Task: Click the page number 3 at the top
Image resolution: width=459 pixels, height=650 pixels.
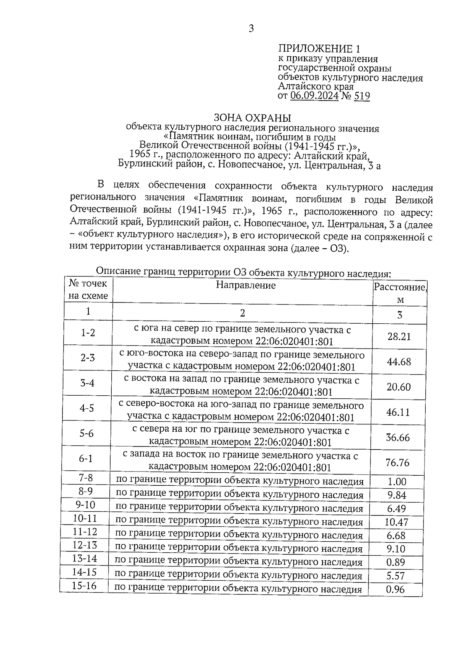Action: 251,29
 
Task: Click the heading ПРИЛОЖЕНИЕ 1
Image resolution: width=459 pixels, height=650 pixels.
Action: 319,49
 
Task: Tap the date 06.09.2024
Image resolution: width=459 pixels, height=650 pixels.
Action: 314,95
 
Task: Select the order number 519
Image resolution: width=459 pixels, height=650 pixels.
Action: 362,95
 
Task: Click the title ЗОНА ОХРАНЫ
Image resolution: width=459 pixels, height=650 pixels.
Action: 252,118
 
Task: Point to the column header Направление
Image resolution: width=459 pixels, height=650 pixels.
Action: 246,285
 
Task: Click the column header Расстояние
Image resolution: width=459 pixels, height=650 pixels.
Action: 400,287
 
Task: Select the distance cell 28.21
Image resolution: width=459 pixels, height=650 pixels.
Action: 399,336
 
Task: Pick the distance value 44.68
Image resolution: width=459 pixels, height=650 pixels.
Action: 399,362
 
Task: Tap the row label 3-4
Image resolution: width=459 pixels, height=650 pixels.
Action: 87,383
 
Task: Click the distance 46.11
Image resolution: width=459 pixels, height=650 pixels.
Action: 398,412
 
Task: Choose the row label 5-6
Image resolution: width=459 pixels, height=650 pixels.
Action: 86,433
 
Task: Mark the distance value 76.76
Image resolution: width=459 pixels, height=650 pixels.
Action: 397,463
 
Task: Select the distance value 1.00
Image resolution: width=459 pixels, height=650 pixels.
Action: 397,482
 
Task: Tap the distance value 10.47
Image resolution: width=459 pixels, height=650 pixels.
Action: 396,522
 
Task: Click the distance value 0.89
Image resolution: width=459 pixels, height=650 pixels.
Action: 396,562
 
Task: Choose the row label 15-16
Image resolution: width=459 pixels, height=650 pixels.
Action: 84,586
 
